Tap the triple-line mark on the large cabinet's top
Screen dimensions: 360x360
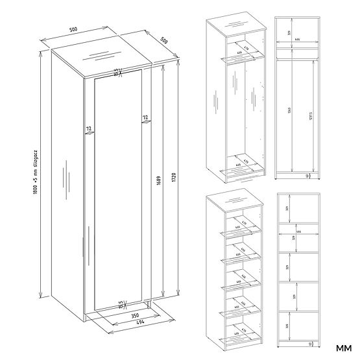[x=101, y=54]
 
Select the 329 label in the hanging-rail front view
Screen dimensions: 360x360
[x=289, y=32]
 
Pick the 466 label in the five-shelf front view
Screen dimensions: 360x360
[x=298, y=230]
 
